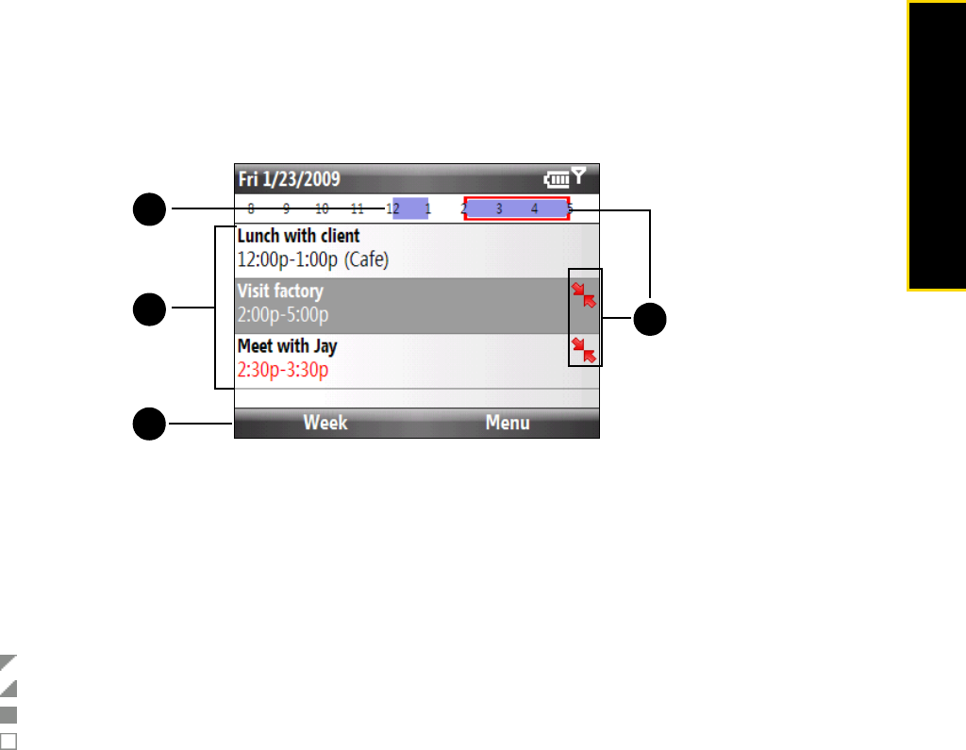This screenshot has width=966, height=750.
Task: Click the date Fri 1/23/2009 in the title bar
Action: (290, 178)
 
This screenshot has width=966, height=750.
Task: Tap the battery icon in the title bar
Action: (557, 177)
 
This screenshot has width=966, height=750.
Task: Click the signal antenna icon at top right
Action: (579, 175)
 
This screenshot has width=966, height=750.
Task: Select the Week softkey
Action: (325, 423)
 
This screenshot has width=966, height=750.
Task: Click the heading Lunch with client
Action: (298, 236)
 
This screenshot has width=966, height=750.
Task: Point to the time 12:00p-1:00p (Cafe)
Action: (312, 258)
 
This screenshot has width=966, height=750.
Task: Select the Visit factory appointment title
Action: (280, 292)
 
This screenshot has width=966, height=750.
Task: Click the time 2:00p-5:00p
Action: (283, 314)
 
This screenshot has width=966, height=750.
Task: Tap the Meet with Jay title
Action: (287, 346)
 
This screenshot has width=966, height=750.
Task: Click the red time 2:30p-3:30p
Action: (283, 370)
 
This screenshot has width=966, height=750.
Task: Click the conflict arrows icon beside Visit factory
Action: (584, 296)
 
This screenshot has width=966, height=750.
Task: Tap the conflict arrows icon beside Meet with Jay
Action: (584, 350)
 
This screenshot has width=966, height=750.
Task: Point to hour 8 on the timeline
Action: (251, 208)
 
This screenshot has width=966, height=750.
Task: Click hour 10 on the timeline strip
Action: (322, 208)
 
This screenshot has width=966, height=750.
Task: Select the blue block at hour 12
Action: (410, 208)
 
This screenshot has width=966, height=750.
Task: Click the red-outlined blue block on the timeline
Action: (516, 208)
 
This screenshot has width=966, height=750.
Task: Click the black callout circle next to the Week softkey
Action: (147, 424)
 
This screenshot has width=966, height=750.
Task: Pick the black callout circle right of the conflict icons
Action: (649, 319)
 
